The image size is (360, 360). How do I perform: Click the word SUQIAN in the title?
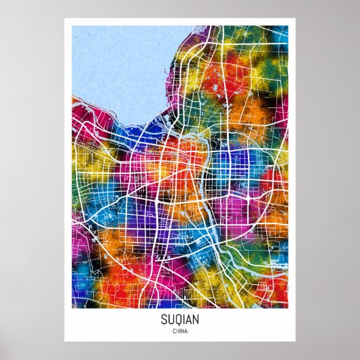click(180, 319)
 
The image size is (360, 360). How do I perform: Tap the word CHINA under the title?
click(180, 331)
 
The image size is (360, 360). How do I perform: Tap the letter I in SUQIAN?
click(183, 319)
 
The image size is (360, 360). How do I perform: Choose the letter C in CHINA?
click(174, 331)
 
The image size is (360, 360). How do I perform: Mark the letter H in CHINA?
click(177, 331)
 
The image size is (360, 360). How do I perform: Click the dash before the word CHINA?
click(170, 331)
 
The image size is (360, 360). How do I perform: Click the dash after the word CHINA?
click(190, 331)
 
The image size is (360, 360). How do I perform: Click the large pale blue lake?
click(115, 68)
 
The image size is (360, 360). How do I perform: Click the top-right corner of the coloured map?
click(287, 26)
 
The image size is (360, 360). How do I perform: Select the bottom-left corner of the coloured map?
click(73, 308)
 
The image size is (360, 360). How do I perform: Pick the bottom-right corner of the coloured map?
click(287, 308)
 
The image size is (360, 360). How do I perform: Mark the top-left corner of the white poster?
click(65, 18)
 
